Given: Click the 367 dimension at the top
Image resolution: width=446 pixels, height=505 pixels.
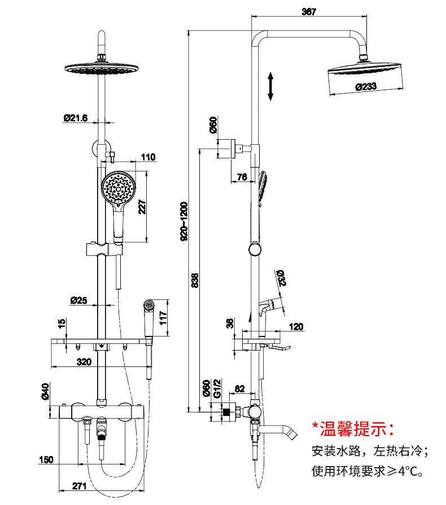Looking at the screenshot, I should (309, 12).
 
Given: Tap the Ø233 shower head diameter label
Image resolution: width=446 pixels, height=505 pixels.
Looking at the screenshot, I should (366, 87).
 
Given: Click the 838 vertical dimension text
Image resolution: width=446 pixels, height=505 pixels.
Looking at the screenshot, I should (195, 280).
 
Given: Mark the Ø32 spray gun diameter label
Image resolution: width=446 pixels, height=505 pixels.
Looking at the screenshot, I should (281, 278).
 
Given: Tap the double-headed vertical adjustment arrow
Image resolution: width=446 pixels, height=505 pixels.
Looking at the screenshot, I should (271, 86).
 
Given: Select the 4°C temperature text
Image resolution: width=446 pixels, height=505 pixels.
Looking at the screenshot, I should (409, 471).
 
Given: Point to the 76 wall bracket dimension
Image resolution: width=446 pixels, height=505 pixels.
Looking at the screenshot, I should (242, 178).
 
